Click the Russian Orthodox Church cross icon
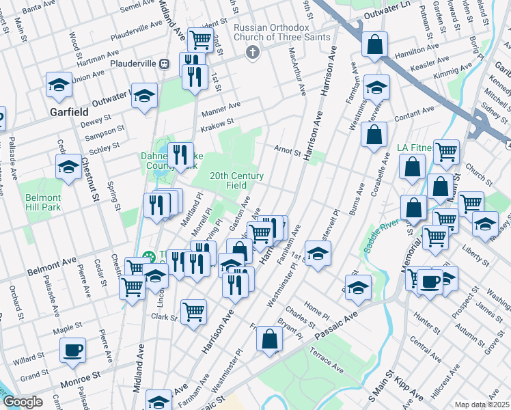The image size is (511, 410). (x=253, y=52)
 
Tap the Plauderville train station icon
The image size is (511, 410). (x=164, y=64)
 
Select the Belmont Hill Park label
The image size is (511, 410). (x=44, y=202)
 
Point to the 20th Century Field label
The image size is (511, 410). (x=236, y=180)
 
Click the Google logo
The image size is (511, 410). (x=23, y=402)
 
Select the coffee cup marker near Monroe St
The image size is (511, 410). (x=72, y=350)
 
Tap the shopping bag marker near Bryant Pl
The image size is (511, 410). (x=271, y=338)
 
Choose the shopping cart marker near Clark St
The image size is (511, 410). (x=194, y=312)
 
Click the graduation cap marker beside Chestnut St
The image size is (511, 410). (x=68, y=166)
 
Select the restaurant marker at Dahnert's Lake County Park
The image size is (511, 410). (x=180, y=154)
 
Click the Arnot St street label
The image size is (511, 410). (x=287, y=150)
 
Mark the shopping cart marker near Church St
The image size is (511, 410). (x=446, y=152)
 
